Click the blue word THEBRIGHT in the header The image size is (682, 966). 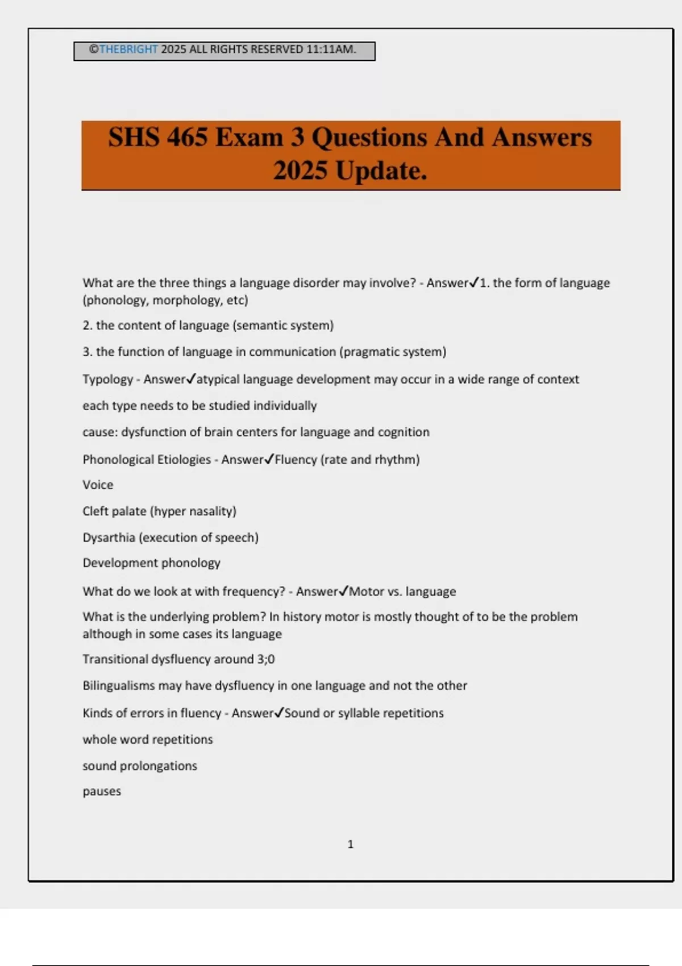(x=128, y=49)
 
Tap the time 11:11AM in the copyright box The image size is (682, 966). (x=331, y=49)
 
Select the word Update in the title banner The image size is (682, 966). (x=380, y=170)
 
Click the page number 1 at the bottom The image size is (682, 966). (x=350, y=844)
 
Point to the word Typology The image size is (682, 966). (x=107, y=380)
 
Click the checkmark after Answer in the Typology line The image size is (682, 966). (x=192, y=378)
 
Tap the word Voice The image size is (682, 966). (x=98, y=485)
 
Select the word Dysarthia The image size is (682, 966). (x=109, y=538)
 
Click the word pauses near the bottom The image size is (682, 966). (x=102, y=792)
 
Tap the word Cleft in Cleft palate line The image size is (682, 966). (x=95, y=511)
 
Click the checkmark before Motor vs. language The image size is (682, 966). (x=343, y=591)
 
